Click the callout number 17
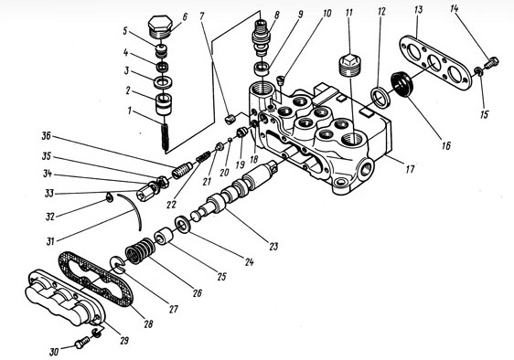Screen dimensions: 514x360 (x=410, y=169)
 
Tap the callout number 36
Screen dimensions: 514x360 (x=47, y=135)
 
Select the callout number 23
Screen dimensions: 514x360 (x=273, y=246)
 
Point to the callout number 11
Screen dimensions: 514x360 (x=348, y=13)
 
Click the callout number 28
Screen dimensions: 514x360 (x=148, y=324)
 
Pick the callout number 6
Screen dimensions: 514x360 (x=186, y=16)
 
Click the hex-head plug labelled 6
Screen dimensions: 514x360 (x=160, y=27)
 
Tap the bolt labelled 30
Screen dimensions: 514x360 (x=82, y=343)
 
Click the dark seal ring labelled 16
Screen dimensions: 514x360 (x=402, y=84)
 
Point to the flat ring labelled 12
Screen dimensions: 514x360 (x=380, y=97)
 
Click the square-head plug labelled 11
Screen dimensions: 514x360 (x=351, y=66)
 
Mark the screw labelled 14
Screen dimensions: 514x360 (x=491, y=62)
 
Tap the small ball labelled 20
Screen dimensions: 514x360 (x=230, y=140)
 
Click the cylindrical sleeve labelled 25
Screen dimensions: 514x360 (x=164, y=237)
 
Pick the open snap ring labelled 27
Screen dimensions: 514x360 (x=118, y=264)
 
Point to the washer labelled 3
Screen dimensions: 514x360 (x=163, y=82)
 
